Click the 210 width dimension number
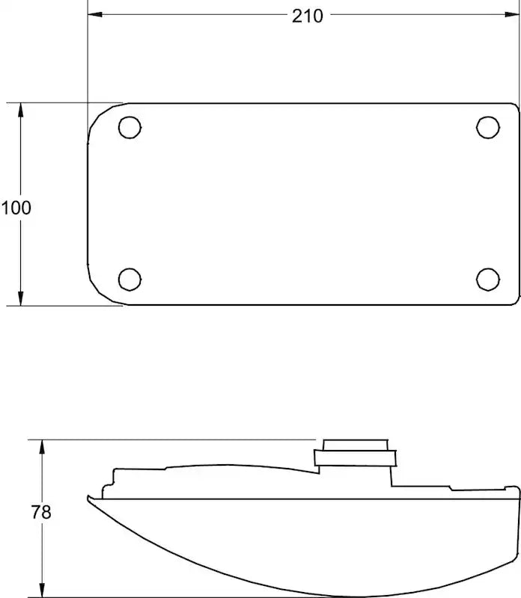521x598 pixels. click(308, 16)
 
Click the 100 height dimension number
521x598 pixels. click(16, 208)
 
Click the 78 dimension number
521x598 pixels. click(41, 512)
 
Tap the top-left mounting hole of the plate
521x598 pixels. click(130, 127)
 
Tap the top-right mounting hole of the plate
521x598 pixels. click(488, 127)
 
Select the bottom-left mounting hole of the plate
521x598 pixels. click(130, 279)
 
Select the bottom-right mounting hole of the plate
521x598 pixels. click(488, 279)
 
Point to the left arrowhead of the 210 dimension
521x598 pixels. click(95, 14)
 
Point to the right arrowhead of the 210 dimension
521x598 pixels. click(512, 14)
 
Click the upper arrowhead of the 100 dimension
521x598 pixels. click(21, 110)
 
